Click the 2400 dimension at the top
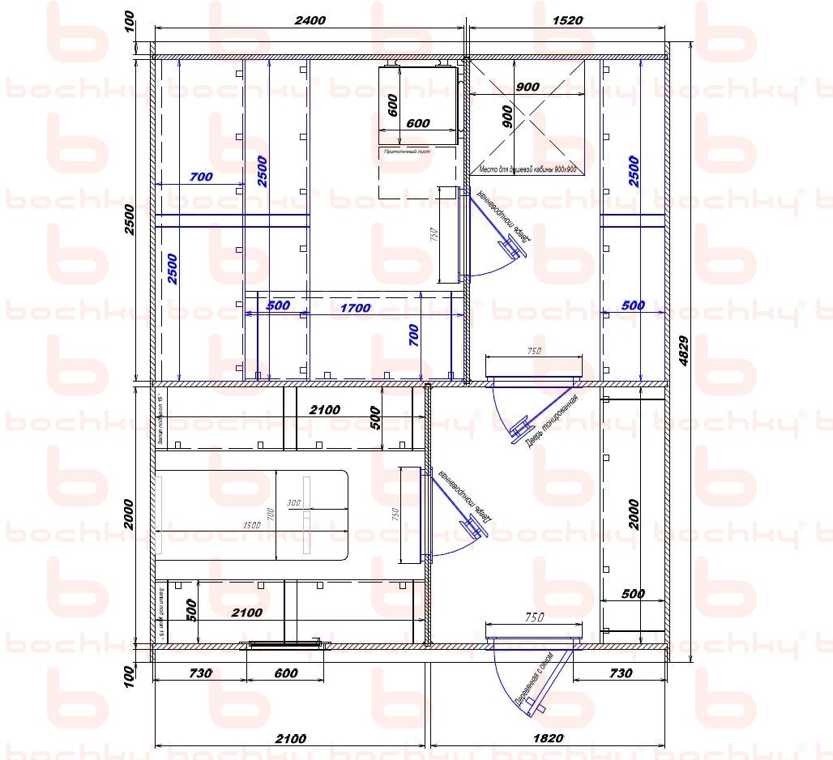309,20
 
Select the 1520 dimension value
566,20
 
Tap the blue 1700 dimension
355,308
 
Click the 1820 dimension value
548,738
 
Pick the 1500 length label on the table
251,525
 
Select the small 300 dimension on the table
293,503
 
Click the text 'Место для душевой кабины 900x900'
528,169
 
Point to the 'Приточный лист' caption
406,152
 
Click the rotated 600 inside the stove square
393,106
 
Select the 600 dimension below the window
286,672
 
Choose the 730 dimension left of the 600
199,672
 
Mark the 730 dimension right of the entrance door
620,672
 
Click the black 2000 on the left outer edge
129,514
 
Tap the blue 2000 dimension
634,514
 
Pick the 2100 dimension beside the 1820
290,738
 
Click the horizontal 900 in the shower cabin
527,87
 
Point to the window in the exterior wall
285,645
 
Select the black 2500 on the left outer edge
129,219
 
